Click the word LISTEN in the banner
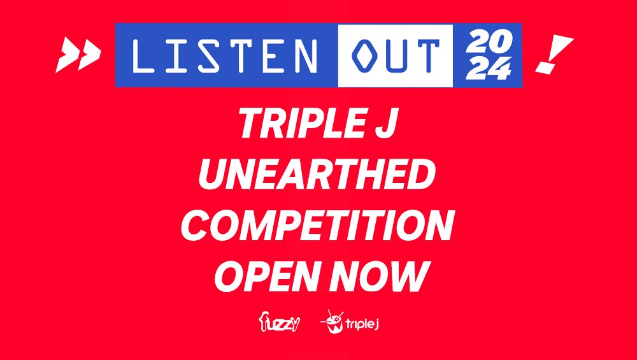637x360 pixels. (226, 55)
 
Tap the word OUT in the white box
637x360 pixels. (395, 55)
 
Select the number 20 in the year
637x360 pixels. (488, 43)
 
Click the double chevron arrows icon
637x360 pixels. (78, 54)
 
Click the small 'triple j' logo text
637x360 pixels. (362, 324)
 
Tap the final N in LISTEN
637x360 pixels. (307, 55)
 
